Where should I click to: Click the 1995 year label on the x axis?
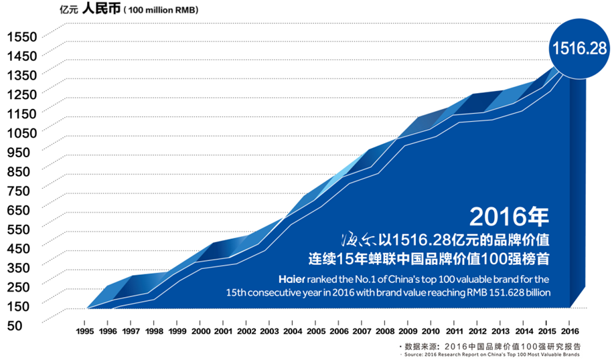(x=84, y=331)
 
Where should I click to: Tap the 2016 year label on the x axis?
(x=570, y=331)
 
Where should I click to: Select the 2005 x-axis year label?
(x=316, y=331)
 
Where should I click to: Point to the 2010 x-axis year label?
(x=431, y=331)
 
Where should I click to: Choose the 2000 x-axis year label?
(x=200, y=331)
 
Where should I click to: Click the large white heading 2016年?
(x=510, y=216)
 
